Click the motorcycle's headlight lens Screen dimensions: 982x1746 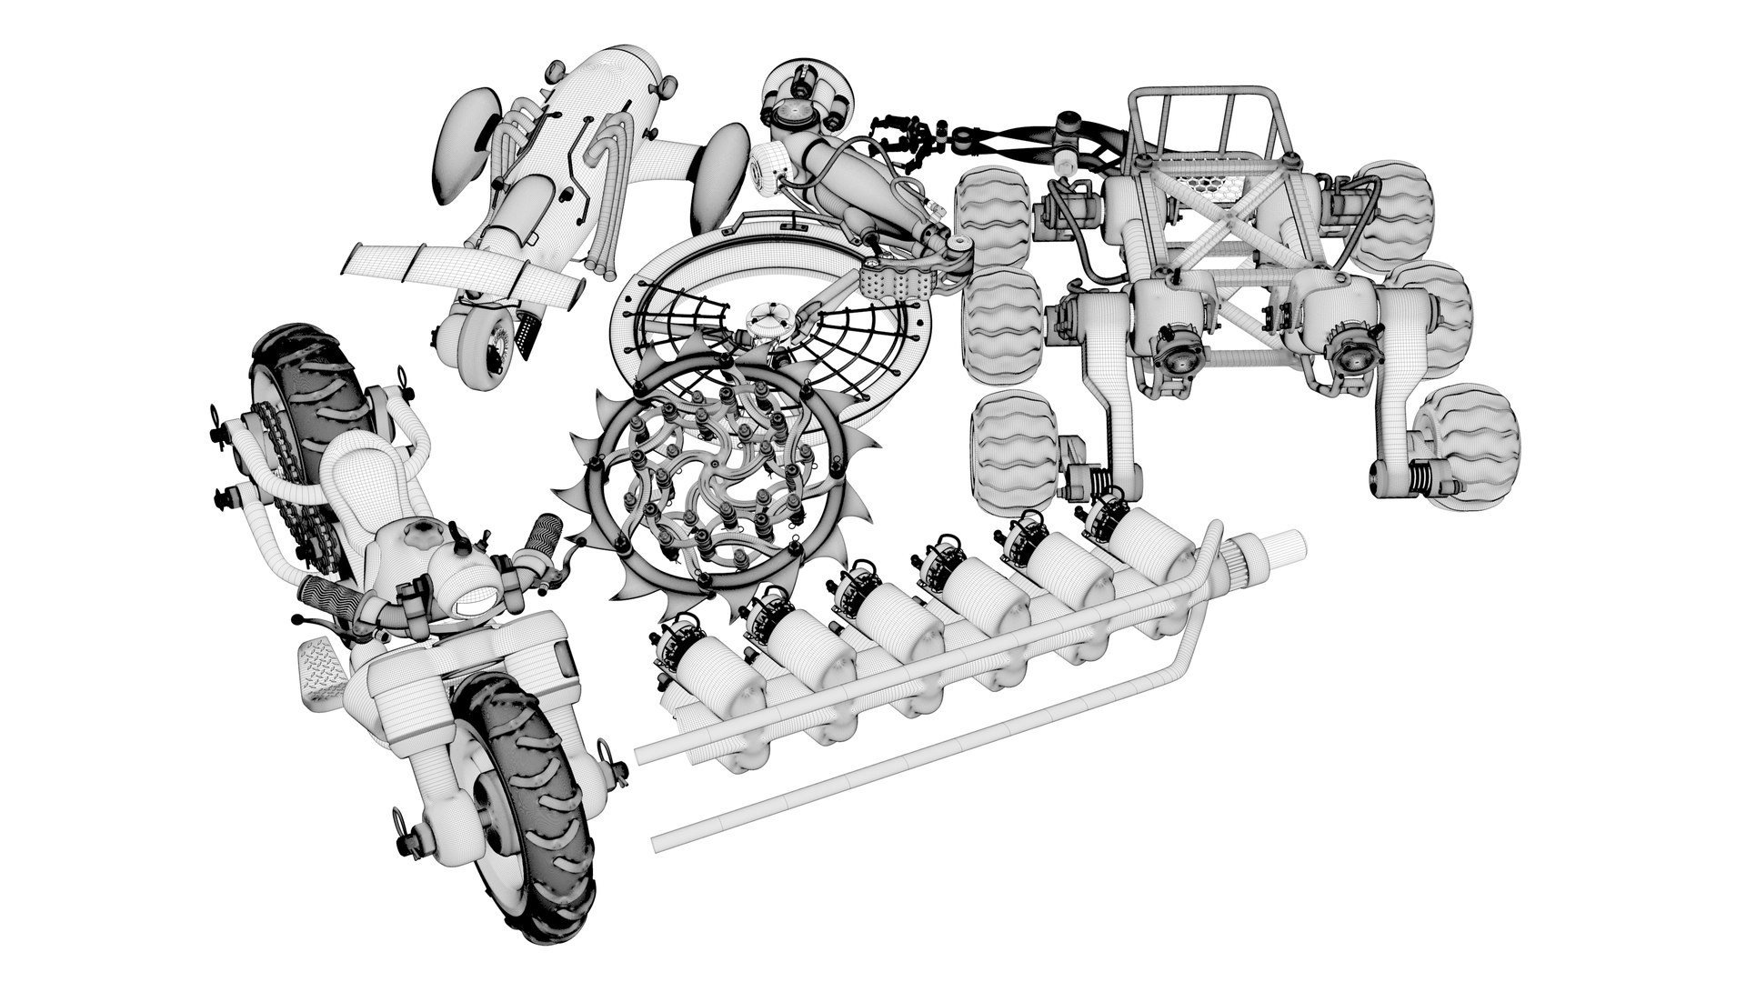click(470, 597)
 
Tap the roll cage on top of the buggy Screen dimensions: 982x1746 click(1200, 127)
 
